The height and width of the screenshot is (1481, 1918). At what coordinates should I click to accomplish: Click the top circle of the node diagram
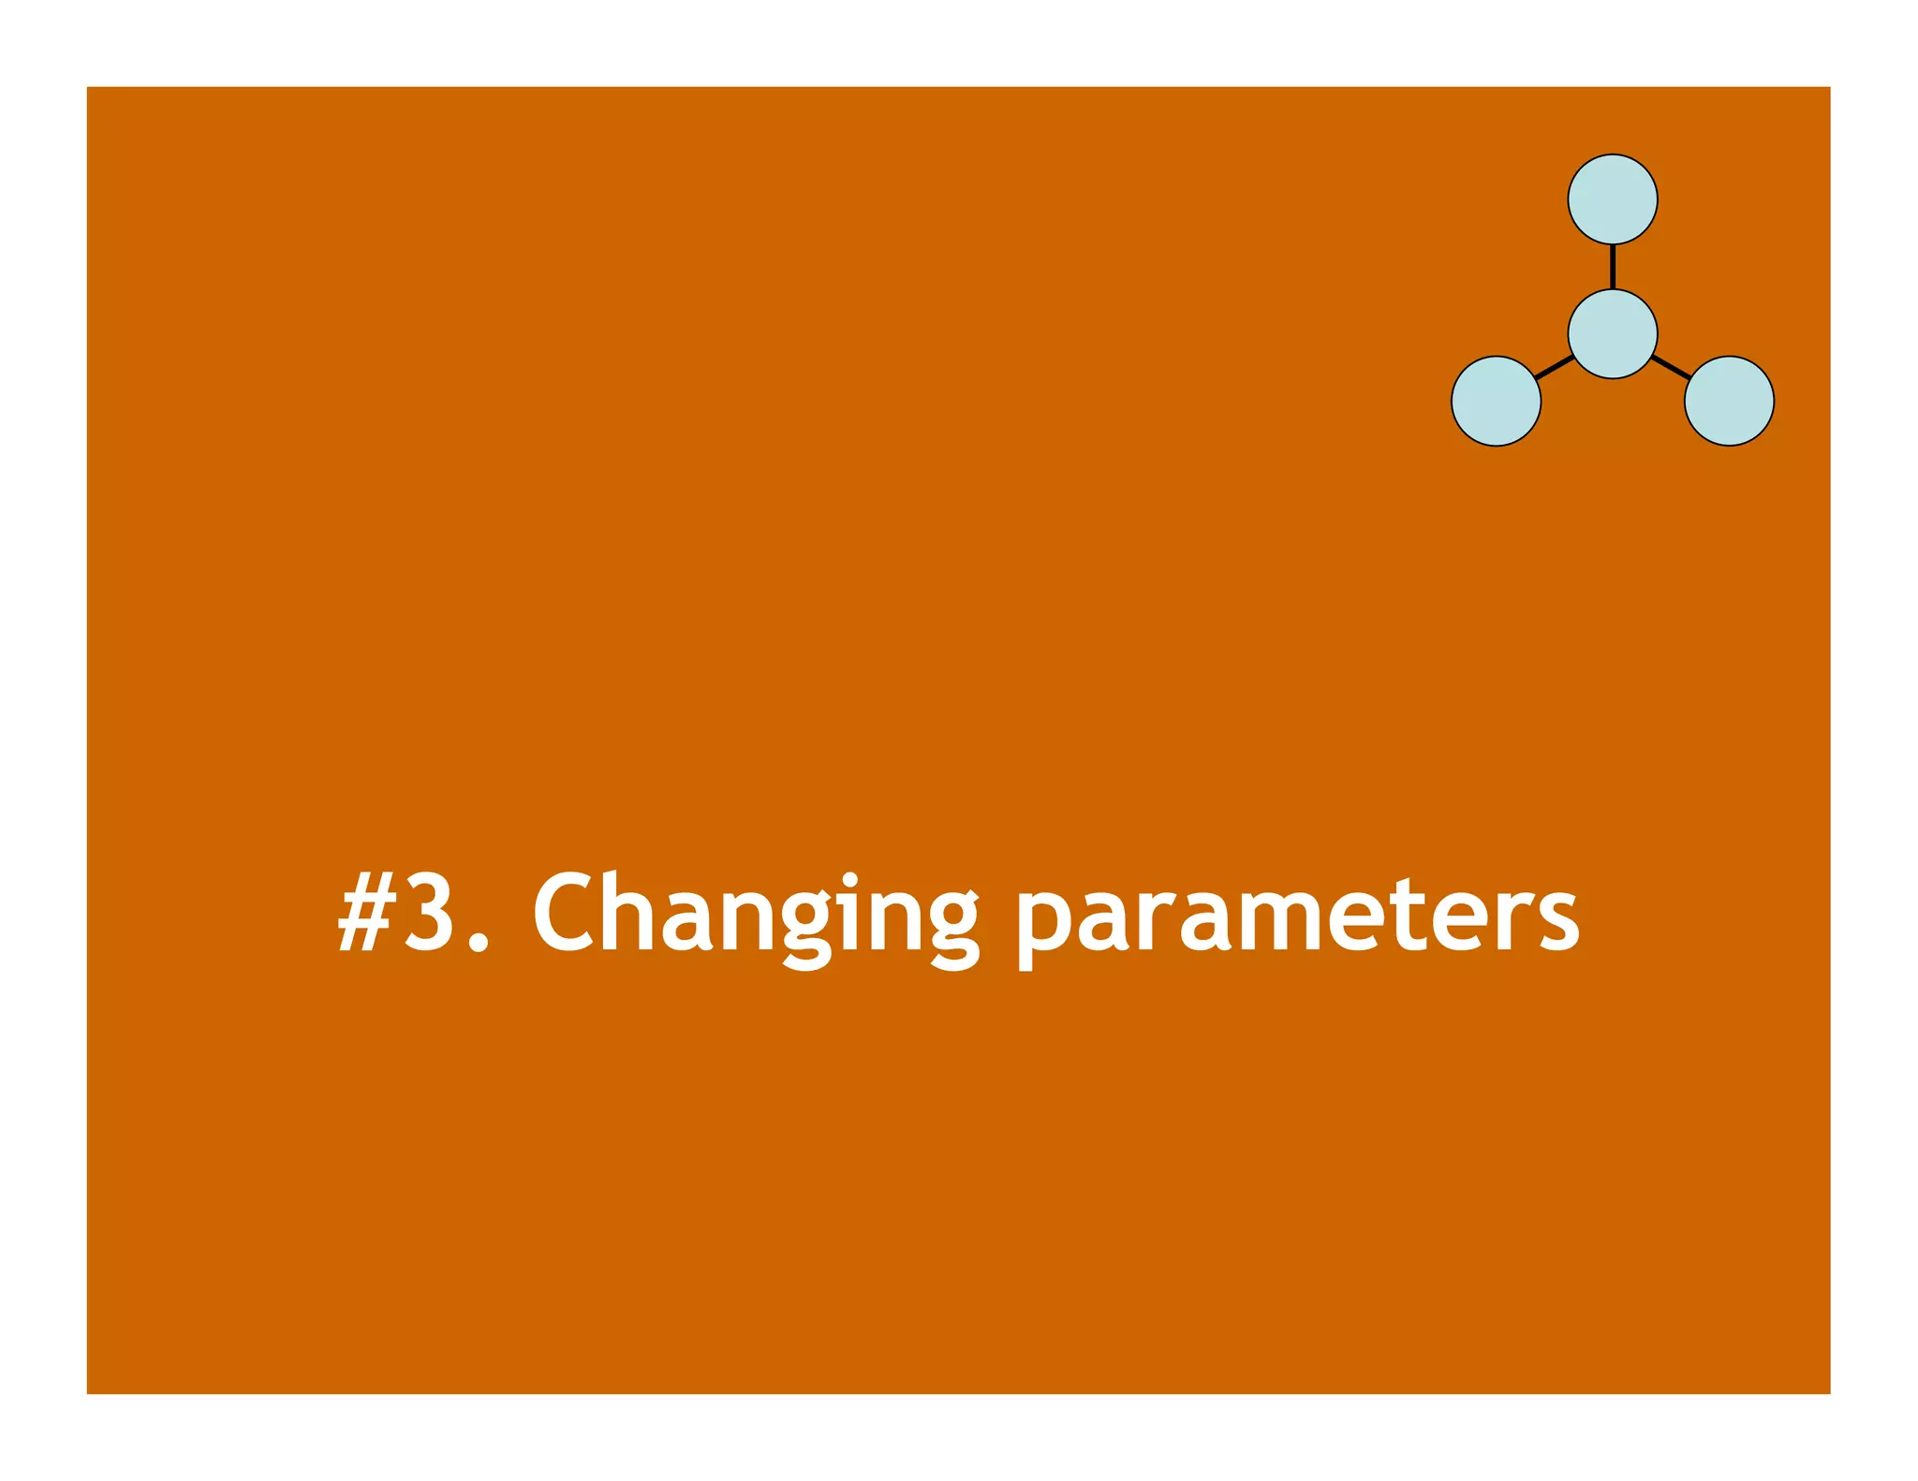1612,199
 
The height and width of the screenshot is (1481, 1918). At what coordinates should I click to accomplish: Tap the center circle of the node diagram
1612,334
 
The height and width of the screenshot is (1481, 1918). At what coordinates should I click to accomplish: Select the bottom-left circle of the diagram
1496,401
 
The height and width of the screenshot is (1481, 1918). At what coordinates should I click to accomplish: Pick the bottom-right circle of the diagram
1728,401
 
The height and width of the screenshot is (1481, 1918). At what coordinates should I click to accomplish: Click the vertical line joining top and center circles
1612,267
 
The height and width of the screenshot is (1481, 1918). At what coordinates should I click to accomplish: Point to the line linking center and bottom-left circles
1554,367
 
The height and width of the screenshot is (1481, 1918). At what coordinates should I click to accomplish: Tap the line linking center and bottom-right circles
1671,367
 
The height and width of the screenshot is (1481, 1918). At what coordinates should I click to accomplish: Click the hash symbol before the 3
364,914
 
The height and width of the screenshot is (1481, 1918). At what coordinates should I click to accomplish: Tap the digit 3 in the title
429,912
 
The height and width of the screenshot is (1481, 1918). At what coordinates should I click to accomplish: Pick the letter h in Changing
630,912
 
